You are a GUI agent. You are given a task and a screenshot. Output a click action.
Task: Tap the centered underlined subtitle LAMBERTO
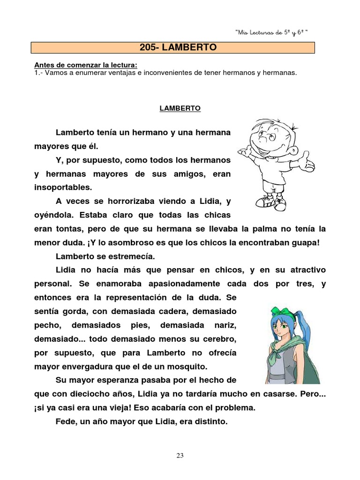(x=180, y=108)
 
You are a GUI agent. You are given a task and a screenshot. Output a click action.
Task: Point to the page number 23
(x=180, y=455)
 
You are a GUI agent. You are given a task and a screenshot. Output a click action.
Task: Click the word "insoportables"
(x=63, y=187)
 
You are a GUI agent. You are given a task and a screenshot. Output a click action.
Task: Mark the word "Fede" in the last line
(x=65, y=421)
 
